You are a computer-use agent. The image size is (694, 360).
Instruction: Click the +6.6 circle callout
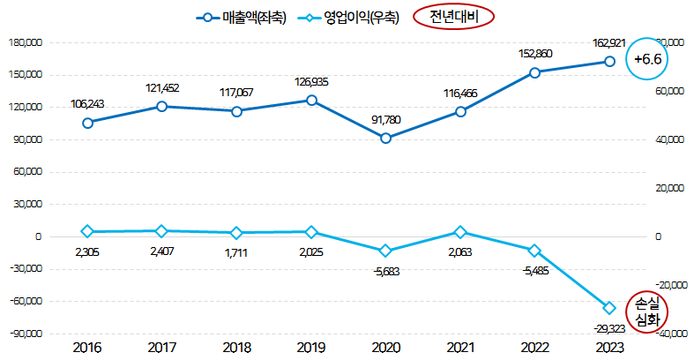(647, 59)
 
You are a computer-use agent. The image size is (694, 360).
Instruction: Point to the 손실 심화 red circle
(648, 313)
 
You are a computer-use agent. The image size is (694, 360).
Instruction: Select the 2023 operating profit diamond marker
(608, 308)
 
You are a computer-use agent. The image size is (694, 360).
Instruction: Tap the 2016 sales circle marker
(87, 123)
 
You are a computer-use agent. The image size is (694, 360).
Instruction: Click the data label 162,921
(608, 43)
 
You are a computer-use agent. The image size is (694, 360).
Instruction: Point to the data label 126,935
(310, 82)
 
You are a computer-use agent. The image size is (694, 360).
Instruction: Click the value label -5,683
(385, 271)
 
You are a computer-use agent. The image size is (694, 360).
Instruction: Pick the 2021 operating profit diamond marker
(459, 232)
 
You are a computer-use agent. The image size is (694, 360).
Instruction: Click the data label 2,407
(161, 251)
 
